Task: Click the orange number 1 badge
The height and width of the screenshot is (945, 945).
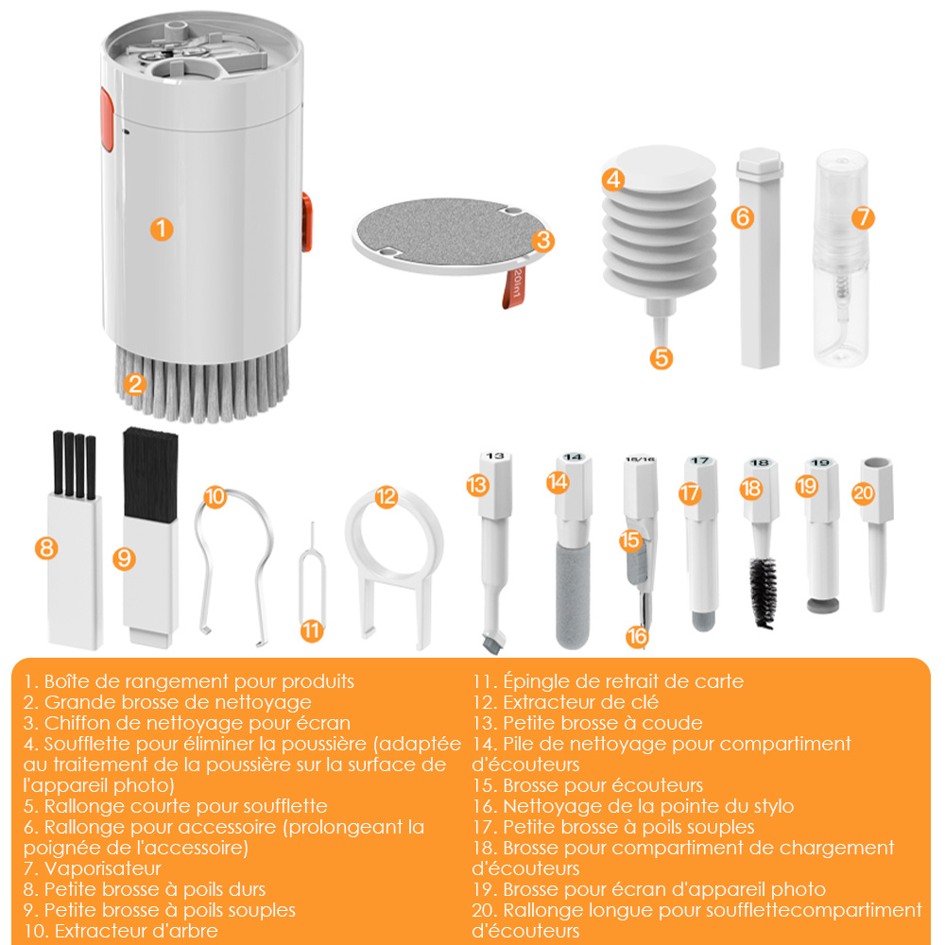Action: tap(162, 229)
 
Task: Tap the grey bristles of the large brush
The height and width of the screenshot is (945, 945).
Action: tap(202, 386)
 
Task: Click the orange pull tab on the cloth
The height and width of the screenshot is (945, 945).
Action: tap(513, 288)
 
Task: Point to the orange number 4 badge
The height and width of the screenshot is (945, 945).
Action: tap(613, 179)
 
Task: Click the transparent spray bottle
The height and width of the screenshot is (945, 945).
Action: tap(841, 258)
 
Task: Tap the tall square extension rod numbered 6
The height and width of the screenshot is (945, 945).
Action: tap(760, 258)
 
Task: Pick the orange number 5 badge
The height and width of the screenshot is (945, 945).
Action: tap(661, 358)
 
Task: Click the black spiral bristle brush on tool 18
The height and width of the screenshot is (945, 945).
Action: tap(763, 593)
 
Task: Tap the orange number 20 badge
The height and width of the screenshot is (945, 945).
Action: tap(863, 493)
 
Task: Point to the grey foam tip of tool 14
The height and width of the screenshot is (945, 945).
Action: tap(573, 594)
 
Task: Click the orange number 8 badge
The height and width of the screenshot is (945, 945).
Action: tap(46, 548)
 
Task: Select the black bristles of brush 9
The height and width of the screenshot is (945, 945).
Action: tap(150, 474)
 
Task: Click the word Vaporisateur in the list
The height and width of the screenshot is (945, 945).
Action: tap(103, 868)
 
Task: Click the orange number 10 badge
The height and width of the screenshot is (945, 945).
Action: tap(215, 497)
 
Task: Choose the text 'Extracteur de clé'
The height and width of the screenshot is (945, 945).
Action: tap(581, 702)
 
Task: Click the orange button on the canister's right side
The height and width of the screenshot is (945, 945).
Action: tap(307, 222)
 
